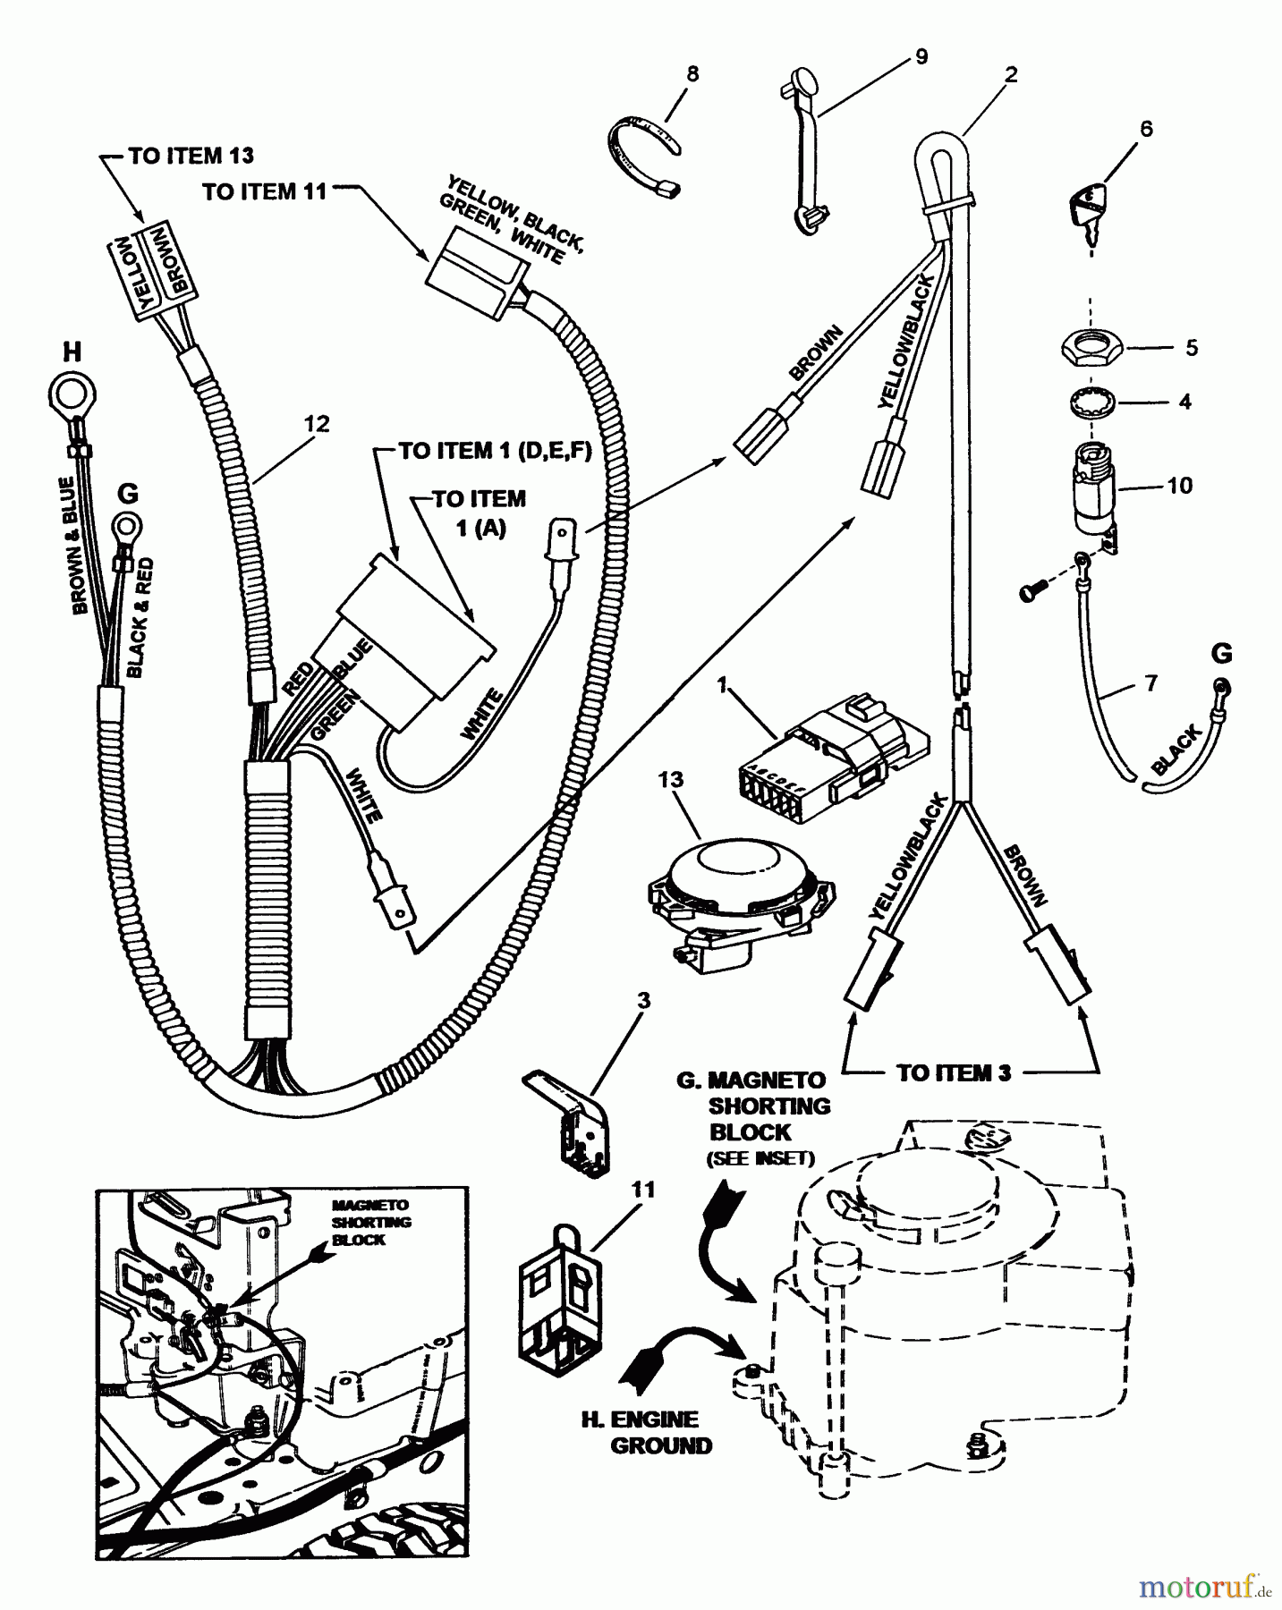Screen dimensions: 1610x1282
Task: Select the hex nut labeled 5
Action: coord(1090,346)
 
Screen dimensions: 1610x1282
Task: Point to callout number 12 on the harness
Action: coord(317,423)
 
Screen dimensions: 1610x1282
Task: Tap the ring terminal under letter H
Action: coord(72,393)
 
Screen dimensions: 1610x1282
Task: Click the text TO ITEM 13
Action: coord(191,156)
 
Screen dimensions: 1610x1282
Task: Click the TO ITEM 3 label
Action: coord(954,1072)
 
